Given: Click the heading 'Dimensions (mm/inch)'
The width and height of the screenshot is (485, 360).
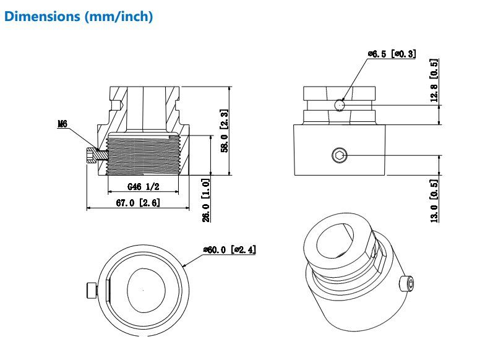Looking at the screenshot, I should click(79, 17).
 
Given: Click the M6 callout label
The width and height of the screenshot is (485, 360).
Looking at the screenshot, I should click(62, 124).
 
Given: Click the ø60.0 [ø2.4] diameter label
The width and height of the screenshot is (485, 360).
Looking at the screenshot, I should click(230, 250).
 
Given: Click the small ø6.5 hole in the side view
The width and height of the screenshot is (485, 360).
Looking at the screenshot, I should click(340, 105).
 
